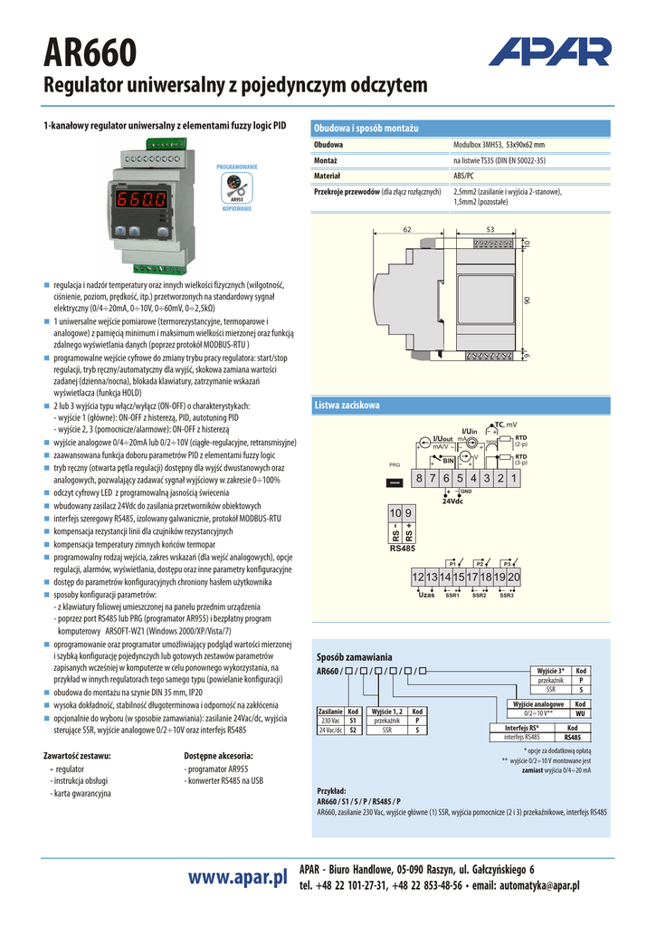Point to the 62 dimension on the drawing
tap(407, 229)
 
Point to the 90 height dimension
tap(526, 301)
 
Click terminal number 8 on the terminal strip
tap(420, 478)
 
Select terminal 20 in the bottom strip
tap(514, 578)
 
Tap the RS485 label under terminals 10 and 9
tap(403, 549)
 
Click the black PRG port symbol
tap(394, 483)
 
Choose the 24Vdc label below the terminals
tap(452, 502)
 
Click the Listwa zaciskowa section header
tap(347, 405)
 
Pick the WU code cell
tap(581, 713)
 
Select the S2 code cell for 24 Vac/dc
tap(354, 729)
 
